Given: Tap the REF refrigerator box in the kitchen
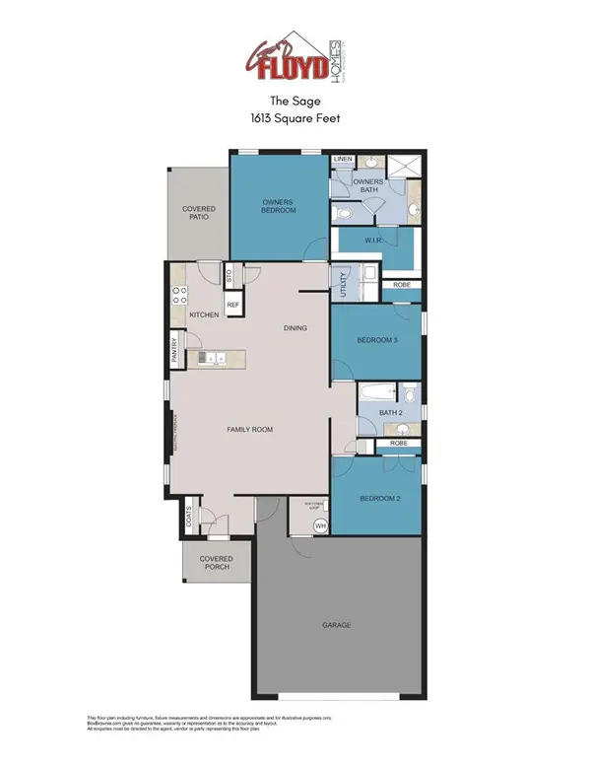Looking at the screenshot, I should (x=233, y=306).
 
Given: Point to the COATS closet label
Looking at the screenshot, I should (x=187, y=514).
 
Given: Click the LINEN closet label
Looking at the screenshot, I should (x=343, y=159).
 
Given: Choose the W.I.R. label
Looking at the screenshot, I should (x=374, y=240).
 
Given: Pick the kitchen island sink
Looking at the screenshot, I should (x=216, y=358).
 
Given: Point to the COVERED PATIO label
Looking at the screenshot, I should (x=199, y=214).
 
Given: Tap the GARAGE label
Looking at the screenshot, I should (x=336, y=625).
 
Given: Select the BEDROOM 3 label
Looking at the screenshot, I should (x=376, y=340).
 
